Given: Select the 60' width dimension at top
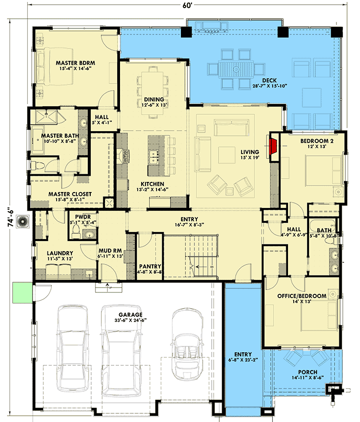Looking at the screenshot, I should (x=180, y=5).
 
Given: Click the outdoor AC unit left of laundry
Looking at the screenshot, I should (x=22, y=222).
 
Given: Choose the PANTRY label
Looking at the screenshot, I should (x=150, y=266).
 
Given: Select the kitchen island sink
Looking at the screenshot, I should (x=154, y=155).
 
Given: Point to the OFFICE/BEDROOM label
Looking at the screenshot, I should (x=302, y=296).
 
